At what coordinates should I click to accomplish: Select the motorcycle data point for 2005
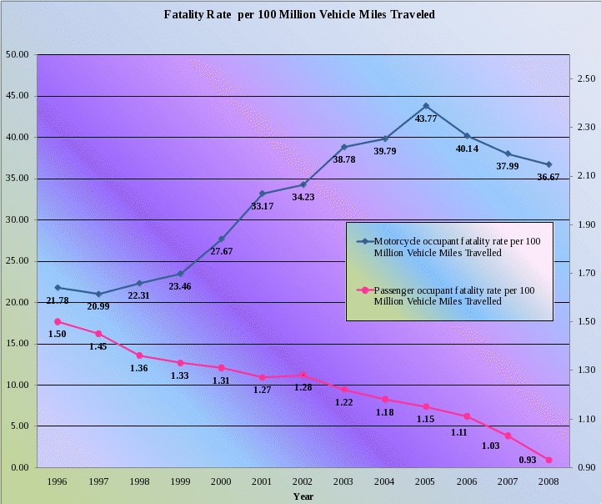pos(426,106)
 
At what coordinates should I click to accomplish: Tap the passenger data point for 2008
pos(548,460)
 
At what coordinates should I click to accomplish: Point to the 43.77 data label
pos(426,119)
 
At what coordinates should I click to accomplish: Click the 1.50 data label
pos(57,334)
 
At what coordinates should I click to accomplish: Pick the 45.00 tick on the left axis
pos(18,96)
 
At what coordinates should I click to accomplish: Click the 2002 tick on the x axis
pos(303,481)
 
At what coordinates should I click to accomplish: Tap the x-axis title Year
pos(303,496)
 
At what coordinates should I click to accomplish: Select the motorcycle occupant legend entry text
pos(457,246)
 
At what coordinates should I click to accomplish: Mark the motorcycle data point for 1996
pos(58,288)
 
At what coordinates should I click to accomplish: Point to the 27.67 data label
pos(221,251)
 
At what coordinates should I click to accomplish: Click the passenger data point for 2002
pos(303,375)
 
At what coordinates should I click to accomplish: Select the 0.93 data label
pos(527,460)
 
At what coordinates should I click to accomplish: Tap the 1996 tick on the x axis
pos(58,481)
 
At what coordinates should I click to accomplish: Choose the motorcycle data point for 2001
pos(262,194)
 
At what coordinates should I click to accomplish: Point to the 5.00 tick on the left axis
pos(18,426)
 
